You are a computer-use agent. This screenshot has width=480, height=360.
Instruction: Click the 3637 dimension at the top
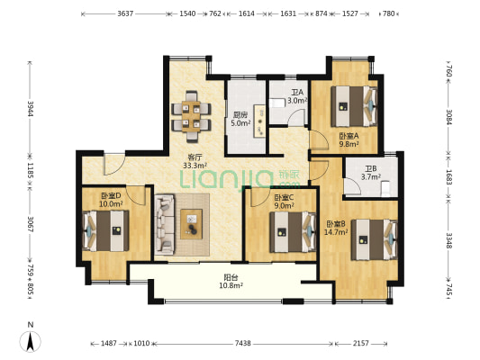125,13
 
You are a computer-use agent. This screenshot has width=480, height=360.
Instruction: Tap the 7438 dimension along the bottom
243,344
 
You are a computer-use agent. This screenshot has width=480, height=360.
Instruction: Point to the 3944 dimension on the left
30,109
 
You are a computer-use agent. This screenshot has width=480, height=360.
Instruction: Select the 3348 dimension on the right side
448,240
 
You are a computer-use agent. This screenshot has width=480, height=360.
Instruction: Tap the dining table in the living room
191,116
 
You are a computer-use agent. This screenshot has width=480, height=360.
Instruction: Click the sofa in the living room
165,224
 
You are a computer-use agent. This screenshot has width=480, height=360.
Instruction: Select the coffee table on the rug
191,224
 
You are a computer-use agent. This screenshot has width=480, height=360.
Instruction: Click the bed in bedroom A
354,106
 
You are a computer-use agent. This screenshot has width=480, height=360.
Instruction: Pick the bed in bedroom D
105,230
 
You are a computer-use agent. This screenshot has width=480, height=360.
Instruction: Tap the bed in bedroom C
293,232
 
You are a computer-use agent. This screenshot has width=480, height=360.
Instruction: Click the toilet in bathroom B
385,189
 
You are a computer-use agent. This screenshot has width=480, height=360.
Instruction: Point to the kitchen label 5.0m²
240,123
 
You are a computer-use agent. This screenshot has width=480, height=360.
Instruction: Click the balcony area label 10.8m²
231,285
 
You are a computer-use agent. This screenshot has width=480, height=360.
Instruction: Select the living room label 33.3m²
195,166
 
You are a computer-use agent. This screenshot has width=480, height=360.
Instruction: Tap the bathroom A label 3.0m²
297,100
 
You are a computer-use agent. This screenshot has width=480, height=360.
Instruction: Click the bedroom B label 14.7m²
336,232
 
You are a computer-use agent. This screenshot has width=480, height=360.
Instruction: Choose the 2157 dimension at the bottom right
361,344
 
